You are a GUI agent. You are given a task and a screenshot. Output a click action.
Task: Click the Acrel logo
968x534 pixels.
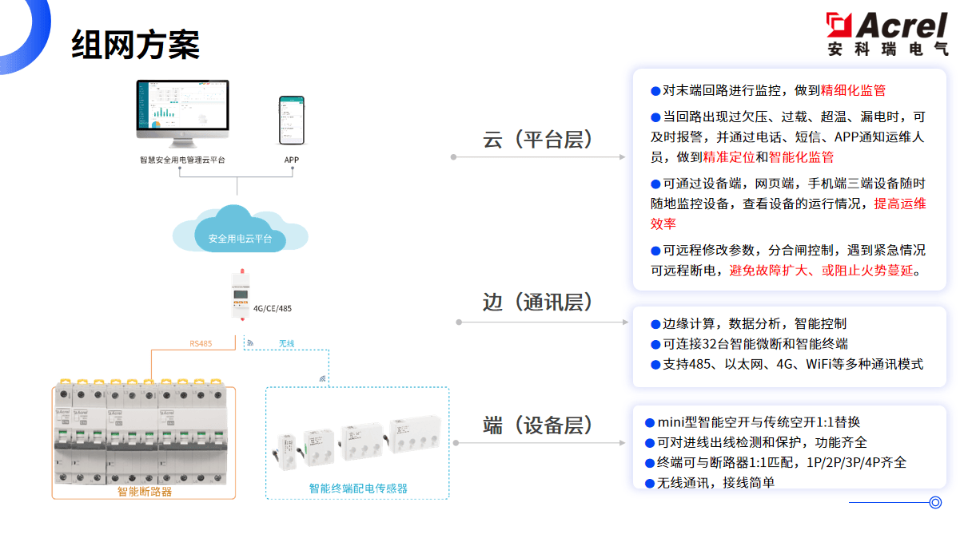coord(887,34)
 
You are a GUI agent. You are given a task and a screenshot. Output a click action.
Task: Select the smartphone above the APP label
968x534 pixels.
coord(292,119)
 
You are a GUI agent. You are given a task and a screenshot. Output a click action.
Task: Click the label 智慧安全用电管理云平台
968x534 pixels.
coord(182,160)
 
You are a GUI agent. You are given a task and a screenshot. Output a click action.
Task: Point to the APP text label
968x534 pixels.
coord(292,160)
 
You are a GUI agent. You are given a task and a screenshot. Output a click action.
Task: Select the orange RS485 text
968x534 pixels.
coord(201,344)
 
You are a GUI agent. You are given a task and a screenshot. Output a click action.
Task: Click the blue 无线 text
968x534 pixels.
coord(286,344)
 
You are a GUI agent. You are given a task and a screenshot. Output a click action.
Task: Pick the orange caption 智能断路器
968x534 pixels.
coord(145,491)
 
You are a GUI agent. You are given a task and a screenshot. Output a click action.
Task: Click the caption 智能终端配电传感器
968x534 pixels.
coord(357,488)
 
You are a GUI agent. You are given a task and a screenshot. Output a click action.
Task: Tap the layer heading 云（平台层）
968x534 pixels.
coord(540,139)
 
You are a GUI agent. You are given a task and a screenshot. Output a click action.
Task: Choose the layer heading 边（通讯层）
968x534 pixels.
coord(540,303)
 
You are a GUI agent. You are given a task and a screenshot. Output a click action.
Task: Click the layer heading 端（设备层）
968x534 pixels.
coord(540,425)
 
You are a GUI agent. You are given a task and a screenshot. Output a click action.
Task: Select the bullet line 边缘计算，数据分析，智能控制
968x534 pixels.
coord(755,324)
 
